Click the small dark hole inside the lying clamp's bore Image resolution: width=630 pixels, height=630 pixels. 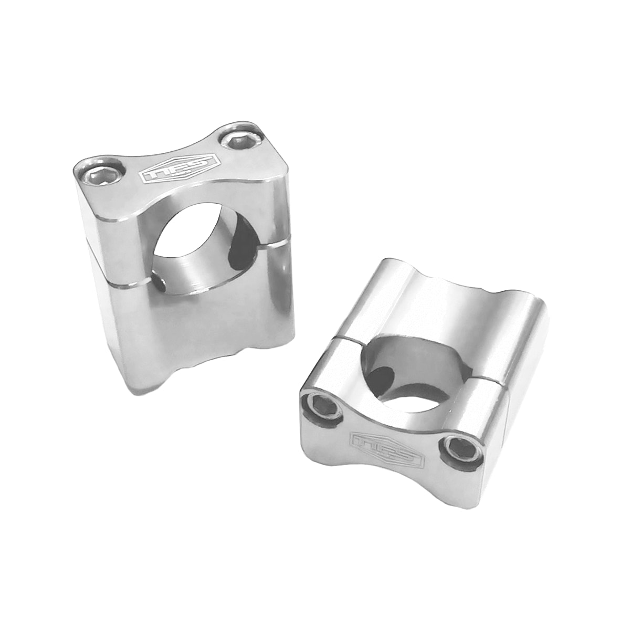click(x=384, y=376)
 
